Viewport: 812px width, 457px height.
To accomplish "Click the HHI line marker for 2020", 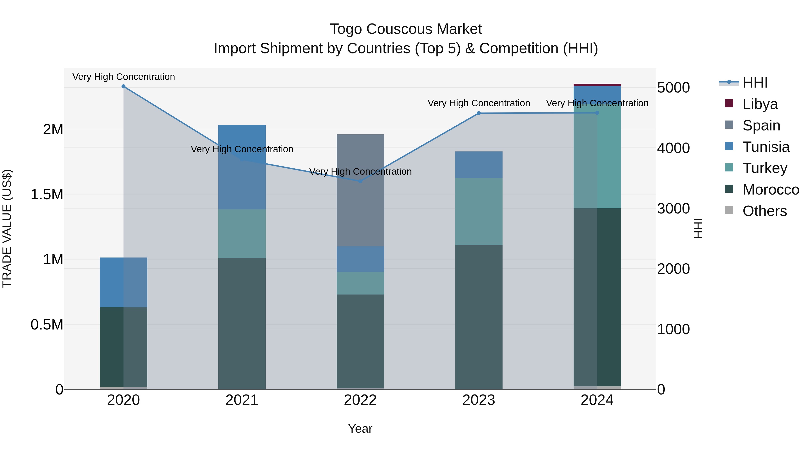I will tap(124, 86).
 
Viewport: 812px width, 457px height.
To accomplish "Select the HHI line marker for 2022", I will tap(360, 181).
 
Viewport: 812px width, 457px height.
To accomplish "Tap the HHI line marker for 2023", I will tap(478, 113).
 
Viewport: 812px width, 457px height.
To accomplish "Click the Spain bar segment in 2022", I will tap(360, 190).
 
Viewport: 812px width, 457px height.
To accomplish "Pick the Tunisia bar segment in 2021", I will tap(242, 167).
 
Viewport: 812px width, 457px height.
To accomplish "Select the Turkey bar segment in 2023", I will tap(478, 211).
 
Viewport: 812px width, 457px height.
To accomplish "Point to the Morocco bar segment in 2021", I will tap(242, 323).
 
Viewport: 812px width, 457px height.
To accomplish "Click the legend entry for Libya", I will tap(760, 104).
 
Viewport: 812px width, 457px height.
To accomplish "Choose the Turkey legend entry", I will tap(764, 168).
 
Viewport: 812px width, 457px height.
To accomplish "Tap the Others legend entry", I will tap(764, 211).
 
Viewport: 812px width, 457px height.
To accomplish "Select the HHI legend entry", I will tap(755, 83).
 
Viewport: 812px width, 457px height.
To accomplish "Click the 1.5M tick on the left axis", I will tap(47, 195).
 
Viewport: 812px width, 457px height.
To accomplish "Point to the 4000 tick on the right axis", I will tap(673, 148).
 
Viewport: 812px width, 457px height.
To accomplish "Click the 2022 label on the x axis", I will tap(360, 400).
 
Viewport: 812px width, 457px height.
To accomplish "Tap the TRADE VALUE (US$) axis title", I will tap(7, 228).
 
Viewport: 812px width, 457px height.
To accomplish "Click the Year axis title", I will tap(360, 429).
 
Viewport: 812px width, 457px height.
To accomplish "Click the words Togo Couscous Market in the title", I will tap(406, 29).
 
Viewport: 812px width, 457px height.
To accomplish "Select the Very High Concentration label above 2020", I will tap(124, 77).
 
